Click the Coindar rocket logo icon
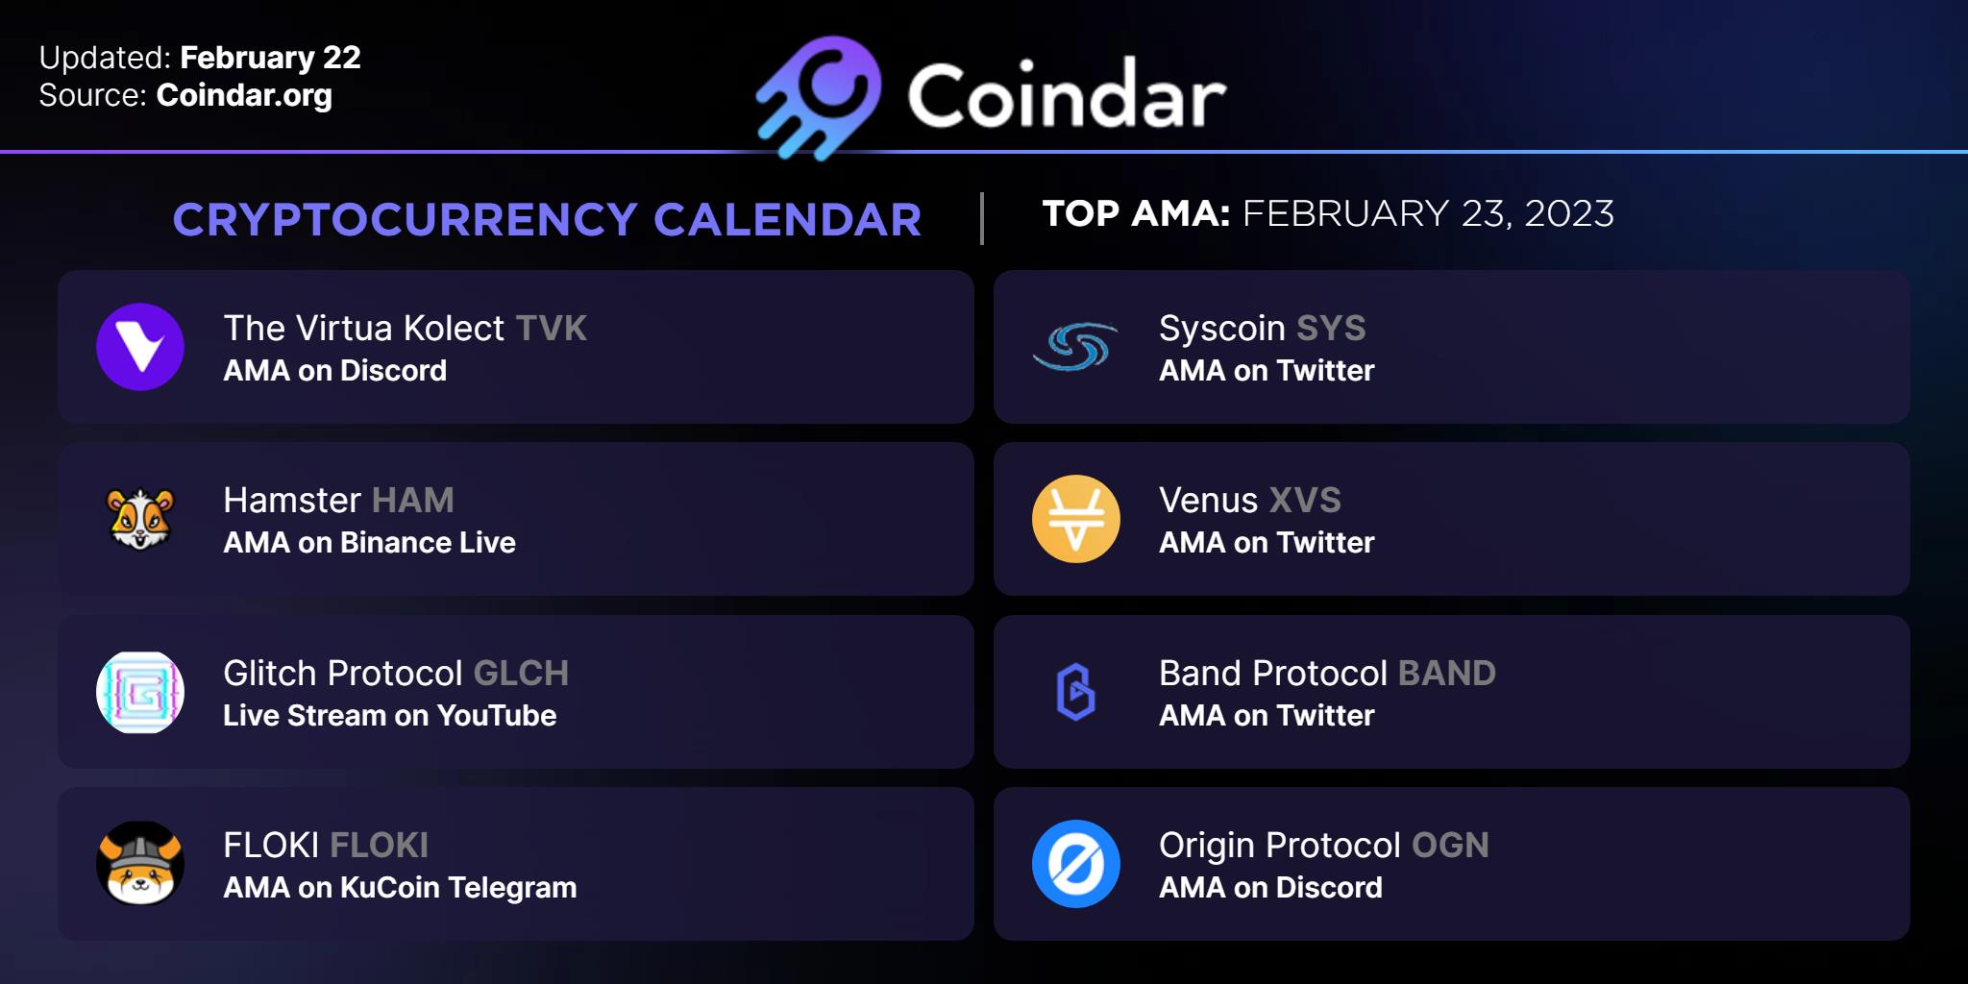tap(820, 97)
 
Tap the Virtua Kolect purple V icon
tap(140, 347)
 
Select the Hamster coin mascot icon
tap(140, 519)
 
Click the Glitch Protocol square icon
tap(140, 692)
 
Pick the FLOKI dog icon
tap(140, 864)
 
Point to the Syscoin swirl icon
tap(1075, 347)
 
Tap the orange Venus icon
tap(1076, 519)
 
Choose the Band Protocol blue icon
tap(1076, 692)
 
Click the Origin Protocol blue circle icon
tap(1076, 864)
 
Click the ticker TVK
tap(552, 329)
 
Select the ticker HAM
tap(412, 501)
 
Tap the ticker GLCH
tap(522, 674)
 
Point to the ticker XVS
tap(1305, 501)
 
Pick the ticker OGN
tap(1450, 846)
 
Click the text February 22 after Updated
tap(270, 59)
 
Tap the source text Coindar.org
tap(244, 96)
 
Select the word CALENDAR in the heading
tap(787, 220)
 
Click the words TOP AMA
tap(1136, 213)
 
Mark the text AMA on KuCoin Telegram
tap(400, 888)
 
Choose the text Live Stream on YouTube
tap(389, 716)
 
